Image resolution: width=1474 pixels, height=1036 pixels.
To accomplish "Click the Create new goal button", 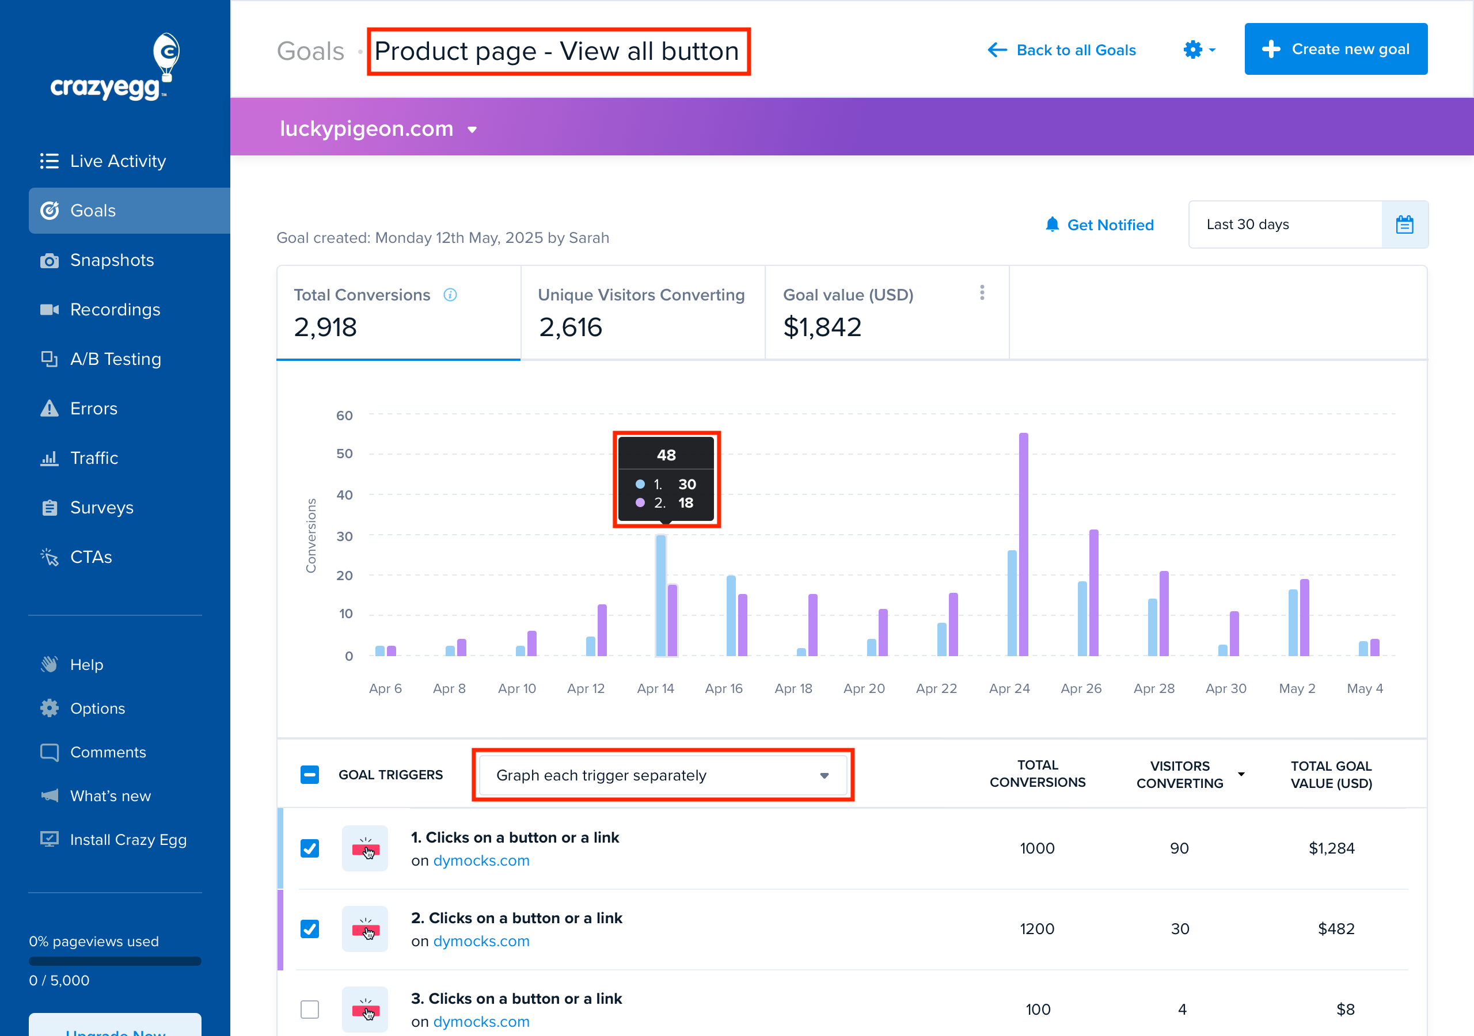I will (1335, 49).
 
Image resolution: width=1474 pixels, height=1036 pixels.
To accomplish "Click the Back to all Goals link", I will (1062, 50).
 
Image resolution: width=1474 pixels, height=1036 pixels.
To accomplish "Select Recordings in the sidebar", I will (115, 310).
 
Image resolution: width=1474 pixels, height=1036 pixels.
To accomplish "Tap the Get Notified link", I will (1100, 224).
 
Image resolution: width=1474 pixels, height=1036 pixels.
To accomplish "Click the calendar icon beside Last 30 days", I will (1404, 224).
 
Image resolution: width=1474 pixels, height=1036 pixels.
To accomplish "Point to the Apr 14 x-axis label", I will (655, 689).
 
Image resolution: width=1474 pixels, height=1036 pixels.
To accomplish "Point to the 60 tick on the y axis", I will (345, 416).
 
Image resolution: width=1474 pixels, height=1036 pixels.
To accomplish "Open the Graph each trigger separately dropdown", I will (663, 775).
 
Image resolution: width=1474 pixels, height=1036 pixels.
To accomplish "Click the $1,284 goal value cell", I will (1331, 848).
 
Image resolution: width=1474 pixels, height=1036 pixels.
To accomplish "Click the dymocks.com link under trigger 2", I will (481, 941).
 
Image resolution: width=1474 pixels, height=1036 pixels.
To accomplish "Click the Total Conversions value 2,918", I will (325, 327).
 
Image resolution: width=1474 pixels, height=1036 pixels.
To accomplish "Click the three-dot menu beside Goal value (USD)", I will (982, 293).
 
